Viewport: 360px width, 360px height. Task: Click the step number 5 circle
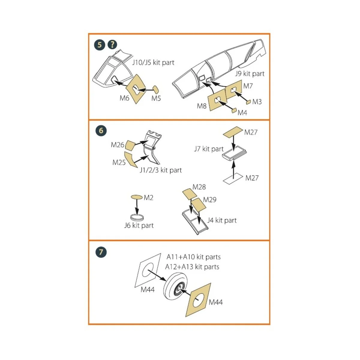(x=100, y=45)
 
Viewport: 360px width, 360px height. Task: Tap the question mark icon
(x=112, y=45)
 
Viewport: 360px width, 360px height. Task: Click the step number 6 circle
(x=101, y=130)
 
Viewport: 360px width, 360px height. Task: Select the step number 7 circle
(x=101, y=252)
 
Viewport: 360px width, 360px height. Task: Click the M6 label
(x=124, y=98)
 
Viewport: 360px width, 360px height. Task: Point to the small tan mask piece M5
(x=156, y=89)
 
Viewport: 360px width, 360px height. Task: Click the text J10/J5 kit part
(x=153, y=62)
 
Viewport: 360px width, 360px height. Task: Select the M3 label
(x=257, y=102)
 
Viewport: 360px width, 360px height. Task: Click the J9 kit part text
(x=250, y=73)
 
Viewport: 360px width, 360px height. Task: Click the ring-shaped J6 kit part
(x=137, y=217)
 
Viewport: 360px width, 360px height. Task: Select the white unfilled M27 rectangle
(x=233, y=178)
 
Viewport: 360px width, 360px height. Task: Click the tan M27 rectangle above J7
(x=233, y=131)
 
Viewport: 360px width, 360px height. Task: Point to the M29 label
(x=209, y=199)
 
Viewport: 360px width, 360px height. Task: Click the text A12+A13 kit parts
(x=192, y=267)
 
